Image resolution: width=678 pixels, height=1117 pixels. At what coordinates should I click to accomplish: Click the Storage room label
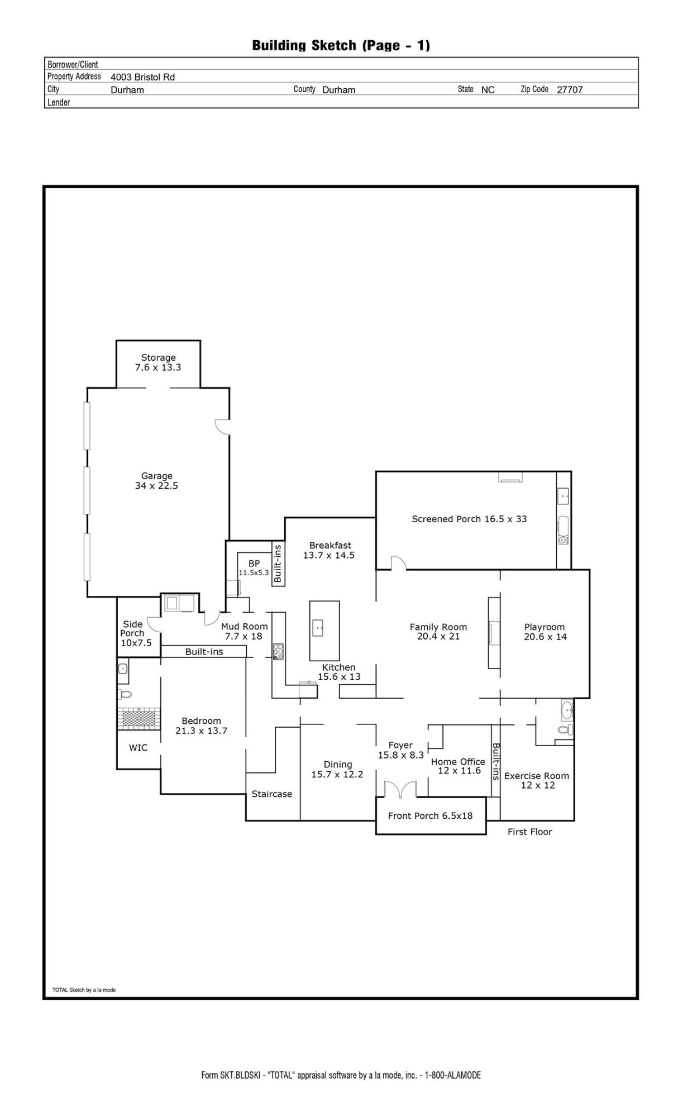point(158,358)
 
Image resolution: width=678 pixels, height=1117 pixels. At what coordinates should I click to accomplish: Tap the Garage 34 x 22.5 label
point(156,481)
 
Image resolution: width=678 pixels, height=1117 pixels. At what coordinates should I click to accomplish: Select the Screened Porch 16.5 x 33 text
point(469,519)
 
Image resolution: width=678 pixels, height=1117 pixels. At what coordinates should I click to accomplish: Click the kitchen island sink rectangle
point(318,628)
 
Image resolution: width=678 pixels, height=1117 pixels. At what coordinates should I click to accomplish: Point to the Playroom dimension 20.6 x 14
point(545,637)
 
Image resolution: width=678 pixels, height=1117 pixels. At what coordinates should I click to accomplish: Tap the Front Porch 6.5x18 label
point(430,816)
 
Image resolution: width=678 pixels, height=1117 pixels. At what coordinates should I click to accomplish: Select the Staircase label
point(271,794)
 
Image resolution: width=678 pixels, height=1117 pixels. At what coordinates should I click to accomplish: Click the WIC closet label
point(138,748)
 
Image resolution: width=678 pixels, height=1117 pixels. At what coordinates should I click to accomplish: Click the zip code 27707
point(570,90)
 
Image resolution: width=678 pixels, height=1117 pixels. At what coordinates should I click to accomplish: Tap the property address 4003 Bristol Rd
point(142,77)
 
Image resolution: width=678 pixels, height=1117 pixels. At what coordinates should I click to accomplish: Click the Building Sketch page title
point(341,45)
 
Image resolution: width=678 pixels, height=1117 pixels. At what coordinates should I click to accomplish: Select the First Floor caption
point(529,832)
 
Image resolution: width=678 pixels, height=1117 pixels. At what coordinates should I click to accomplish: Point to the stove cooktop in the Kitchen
point(278,651)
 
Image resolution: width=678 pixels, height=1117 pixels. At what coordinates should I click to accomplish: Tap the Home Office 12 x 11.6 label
point(458,766)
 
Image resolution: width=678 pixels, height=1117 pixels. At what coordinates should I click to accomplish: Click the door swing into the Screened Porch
point(398,563)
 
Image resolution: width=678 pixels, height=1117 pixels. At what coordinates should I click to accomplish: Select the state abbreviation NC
point(488,90)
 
